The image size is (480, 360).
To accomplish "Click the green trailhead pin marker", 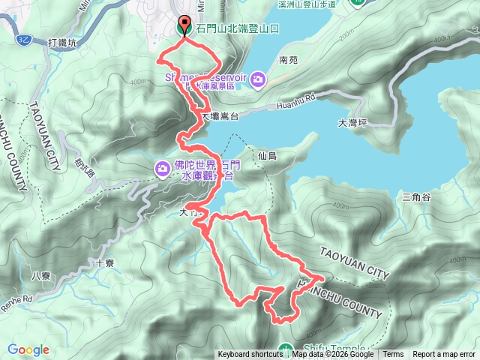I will (x=184, y=26).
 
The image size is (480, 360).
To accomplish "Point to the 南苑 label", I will (x=288, y=59).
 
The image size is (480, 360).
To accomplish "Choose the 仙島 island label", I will (x=266, y=156).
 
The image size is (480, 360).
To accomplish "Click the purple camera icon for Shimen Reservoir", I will (x=257, y=79).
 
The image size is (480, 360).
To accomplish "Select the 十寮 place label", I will (x=105, y=263).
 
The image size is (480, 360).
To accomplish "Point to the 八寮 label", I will (x=41, y=276).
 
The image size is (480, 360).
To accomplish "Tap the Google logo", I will (x=28, y=350).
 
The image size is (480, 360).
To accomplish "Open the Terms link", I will (x=393, y=355).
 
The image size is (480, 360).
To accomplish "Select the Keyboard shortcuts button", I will (x=250, y=355).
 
